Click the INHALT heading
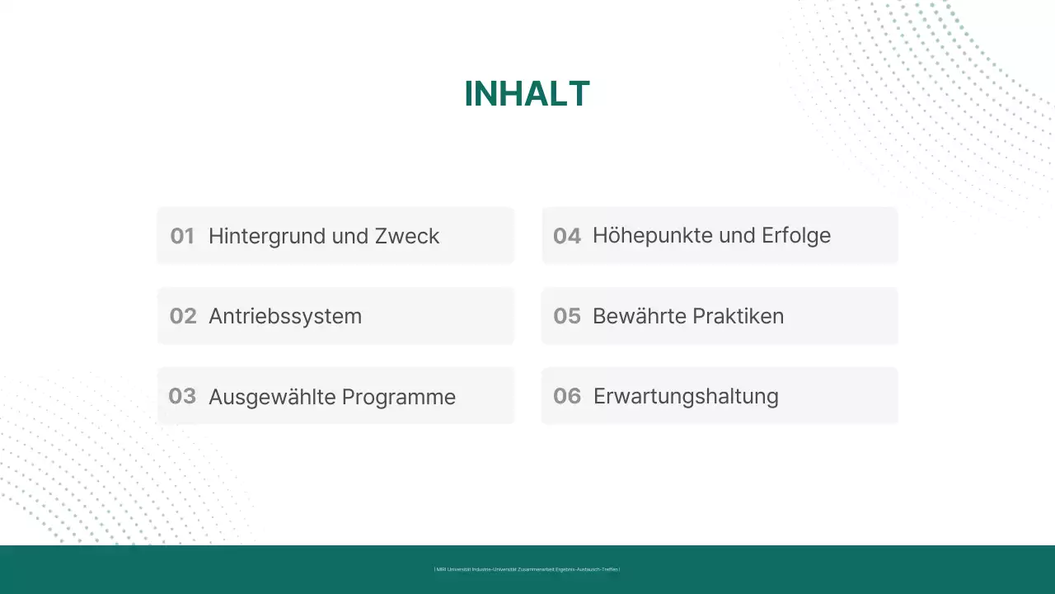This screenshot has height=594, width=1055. tap(527, 94)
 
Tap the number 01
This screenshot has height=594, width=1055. tap(182, 236)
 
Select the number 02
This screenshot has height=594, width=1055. tap(183, 316)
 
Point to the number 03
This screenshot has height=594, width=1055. tap(182, 396)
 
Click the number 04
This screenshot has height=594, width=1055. tap(567, 236)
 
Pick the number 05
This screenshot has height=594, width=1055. tap(567, 316)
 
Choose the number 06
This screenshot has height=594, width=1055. tap(567, 396)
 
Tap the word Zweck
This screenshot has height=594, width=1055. tap(407, 236)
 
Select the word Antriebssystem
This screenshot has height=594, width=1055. tap(285, 316)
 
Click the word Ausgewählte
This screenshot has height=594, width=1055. tap(272, 397)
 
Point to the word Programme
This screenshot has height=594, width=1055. tap(399, 397)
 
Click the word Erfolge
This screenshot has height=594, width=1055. tap(796, 235)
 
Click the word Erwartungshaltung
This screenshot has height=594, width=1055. tap(686, 396)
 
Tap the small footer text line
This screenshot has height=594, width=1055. tap(527, 569)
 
